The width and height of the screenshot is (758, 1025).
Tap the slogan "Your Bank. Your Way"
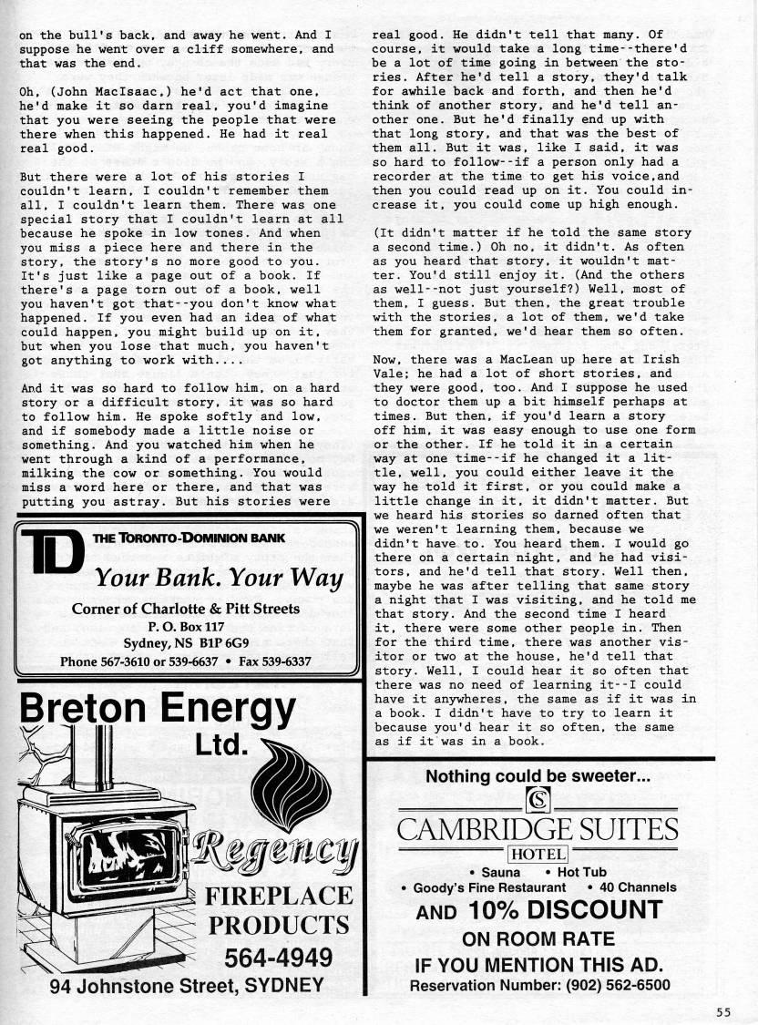point(219,579)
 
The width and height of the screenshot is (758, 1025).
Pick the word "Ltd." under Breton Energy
point(221,745)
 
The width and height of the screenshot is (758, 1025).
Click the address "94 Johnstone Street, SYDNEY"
point(187,986)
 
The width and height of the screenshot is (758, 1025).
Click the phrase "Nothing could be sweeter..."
point(538,777)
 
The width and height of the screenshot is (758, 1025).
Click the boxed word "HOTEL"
point(538,854)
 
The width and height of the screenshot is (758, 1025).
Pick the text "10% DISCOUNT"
point(565,910)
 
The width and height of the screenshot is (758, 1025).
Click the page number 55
point(723,1010)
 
